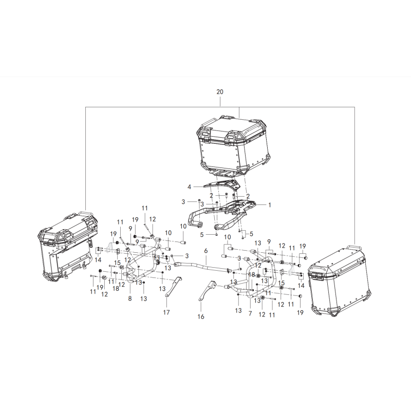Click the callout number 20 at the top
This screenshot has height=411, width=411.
click(x=220, y=92)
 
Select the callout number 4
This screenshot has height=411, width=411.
click(x=189, y=187)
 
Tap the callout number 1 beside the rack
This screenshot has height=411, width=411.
click(x=269, y=204)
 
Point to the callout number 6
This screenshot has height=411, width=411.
click(x=206, y=251)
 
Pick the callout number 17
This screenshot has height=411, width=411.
click(x=166, y=312)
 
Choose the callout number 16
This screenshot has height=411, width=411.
click(x=201, y=316)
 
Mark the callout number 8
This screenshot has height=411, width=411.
click(x=130, y=298)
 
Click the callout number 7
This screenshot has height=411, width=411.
click(x=250, y=313)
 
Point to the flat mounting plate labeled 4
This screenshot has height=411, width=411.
click(x=222, y=185)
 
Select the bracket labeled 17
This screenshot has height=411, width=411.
click(x=174, y=286)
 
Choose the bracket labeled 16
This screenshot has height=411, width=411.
click(x=207, y=291)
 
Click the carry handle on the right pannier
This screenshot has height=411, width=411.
click(x=354, y=248)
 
